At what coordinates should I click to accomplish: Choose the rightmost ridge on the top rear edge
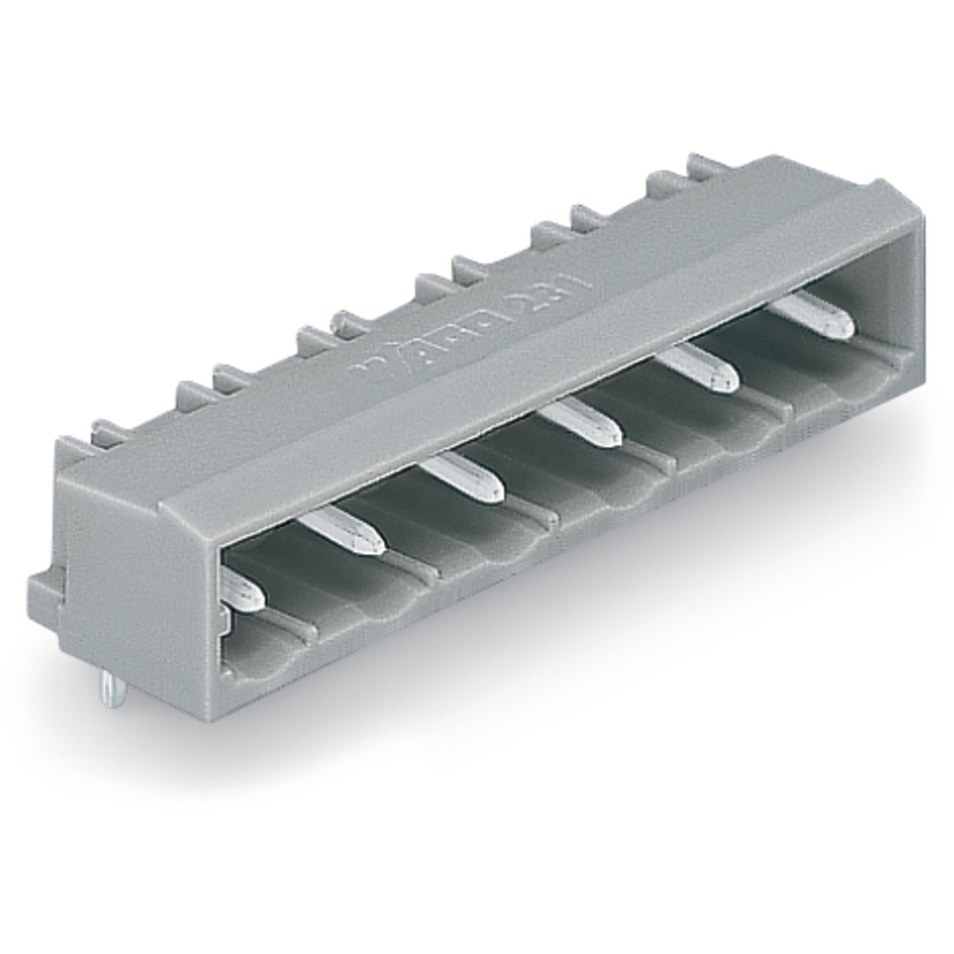tap(706, 164)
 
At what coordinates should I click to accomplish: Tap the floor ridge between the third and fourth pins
tap(544, 515)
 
